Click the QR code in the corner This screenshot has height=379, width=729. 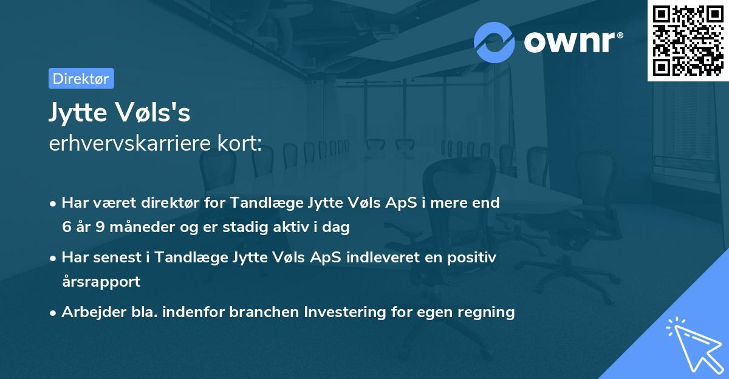(688, 41)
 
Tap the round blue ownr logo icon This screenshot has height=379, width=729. (495, 42)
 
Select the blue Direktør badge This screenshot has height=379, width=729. (81, 78)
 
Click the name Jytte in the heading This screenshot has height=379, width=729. (79, 113)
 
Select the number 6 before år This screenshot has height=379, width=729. (66, 227)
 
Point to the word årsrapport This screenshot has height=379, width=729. (101, 281)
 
